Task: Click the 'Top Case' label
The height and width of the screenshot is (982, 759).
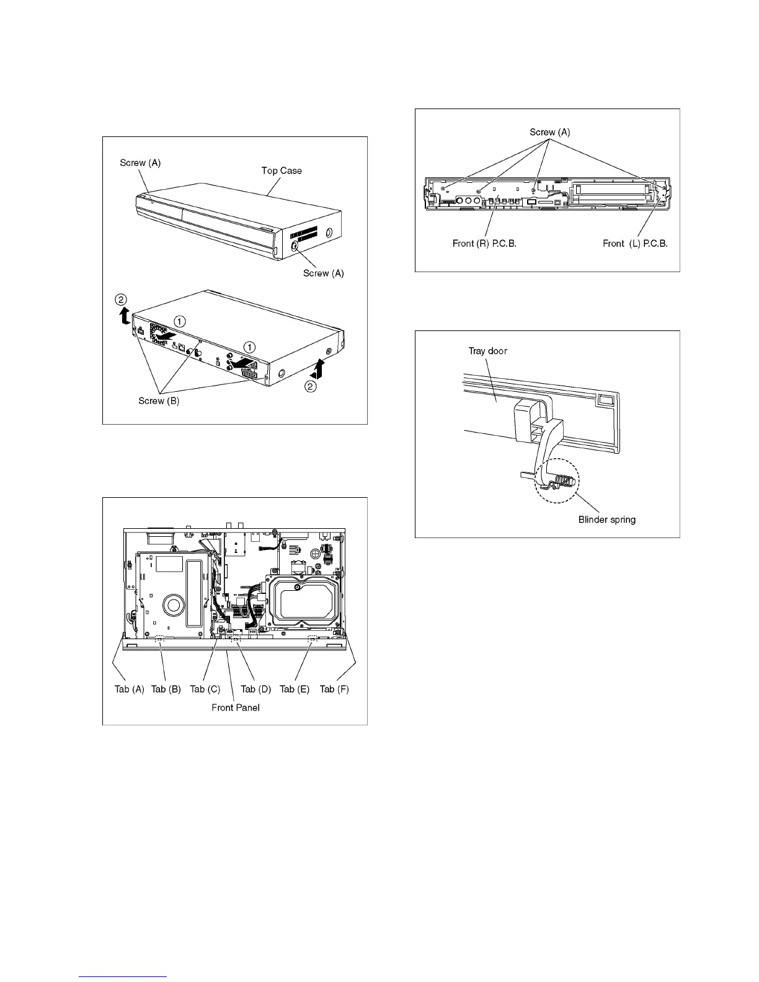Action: click(x=282, y=170)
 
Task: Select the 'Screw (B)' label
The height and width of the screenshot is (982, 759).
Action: click(x=159, y=400)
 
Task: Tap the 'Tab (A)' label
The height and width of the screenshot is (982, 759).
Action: click(x=129, y=689)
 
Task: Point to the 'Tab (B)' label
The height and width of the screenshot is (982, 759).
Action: click(x=166, y=689)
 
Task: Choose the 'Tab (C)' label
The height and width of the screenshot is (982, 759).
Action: click(x=205, y=689)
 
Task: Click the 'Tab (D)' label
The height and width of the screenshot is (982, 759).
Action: click(x=256, y=689)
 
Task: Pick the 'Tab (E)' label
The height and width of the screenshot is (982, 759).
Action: click(x=295, y=689)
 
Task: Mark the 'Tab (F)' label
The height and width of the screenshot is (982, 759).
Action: click(x=334, y=689)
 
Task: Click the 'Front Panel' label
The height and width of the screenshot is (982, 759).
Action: click(x=235, y=707)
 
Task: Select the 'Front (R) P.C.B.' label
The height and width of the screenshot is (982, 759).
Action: click(x=484, y=244)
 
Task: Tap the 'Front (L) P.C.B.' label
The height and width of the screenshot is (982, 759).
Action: click(x=635, y=244)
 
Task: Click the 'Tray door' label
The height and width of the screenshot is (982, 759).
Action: click(x=487, y=351)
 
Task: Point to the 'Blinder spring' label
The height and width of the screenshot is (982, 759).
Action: click(x=607, y=520)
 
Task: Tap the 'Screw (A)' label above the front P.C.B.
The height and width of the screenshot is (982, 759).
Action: click(x=549, y=132)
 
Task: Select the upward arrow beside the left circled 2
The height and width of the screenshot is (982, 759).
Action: click(x=124, y=317)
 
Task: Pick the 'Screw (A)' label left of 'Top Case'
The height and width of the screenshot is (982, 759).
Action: click(x=140, y=162)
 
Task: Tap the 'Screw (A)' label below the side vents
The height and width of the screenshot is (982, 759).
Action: click(x=323, y=273)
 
